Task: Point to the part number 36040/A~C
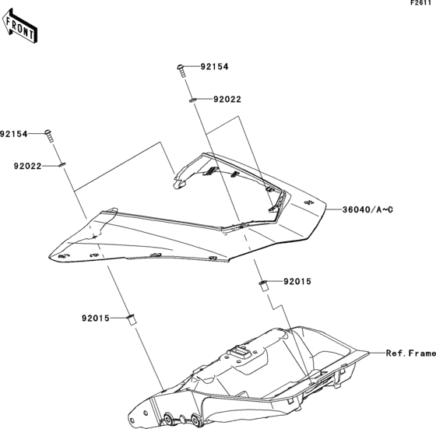[368, 209]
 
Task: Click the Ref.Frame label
[410, 352]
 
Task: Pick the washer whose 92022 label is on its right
[192, 100]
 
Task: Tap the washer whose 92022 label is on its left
[62, 164]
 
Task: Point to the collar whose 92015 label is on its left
[130, 318]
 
